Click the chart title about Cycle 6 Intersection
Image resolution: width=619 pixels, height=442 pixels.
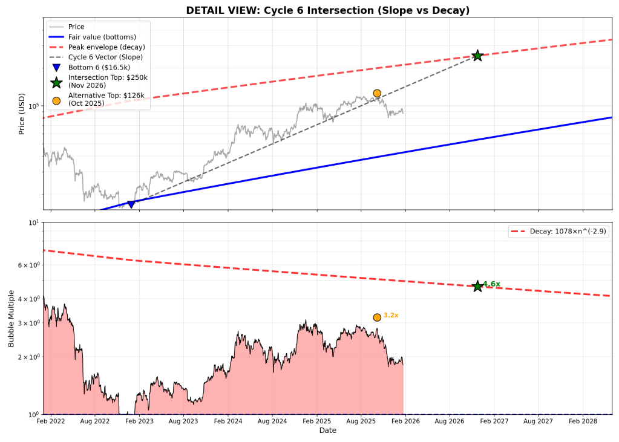[327, 10]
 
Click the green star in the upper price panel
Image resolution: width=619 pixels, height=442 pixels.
[477, 56]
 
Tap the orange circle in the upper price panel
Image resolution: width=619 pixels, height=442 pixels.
[377, 93]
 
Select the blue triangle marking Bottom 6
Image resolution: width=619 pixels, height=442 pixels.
[131, 204]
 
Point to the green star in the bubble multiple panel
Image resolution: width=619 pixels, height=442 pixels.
[477, 286]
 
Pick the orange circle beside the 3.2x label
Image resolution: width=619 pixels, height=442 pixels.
[377, 317]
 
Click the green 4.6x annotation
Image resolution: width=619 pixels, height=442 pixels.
[491, 284]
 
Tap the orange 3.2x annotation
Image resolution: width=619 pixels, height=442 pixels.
[391, 316]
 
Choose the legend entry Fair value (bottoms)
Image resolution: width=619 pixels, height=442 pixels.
[102, 37]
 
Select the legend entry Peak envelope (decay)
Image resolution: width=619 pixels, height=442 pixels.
[106, 47]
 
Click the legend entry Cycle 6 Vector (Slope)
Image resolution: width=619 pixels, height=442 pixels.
[105, 57]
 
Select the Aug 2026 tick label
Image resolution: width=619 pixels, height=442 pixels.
[450, 420]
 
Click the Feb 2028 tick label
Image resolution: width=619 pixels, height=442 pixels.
[583, 420]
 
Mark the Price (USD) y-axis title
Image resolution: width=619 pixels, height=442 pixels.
[22, 114]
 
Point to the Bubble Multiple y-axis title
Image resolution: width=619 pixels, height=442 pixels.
[11, 318]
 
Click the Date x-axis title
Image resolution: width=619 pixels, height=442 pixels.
[327, 431]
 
